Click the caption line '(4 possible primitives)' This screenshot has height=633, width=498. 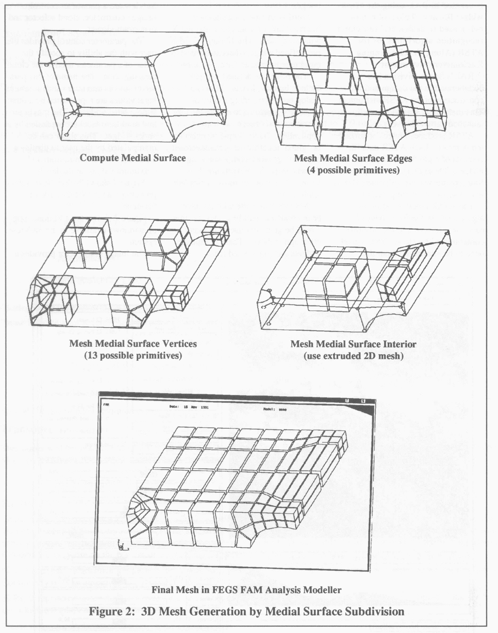tap(353, 170)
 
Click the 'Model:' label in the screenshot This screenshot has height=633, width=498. tap(270, 409)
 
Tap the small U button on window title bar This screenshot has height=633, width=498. tap(347, 401)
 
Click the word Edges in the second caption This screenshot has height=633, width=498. tap(399, 158)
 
